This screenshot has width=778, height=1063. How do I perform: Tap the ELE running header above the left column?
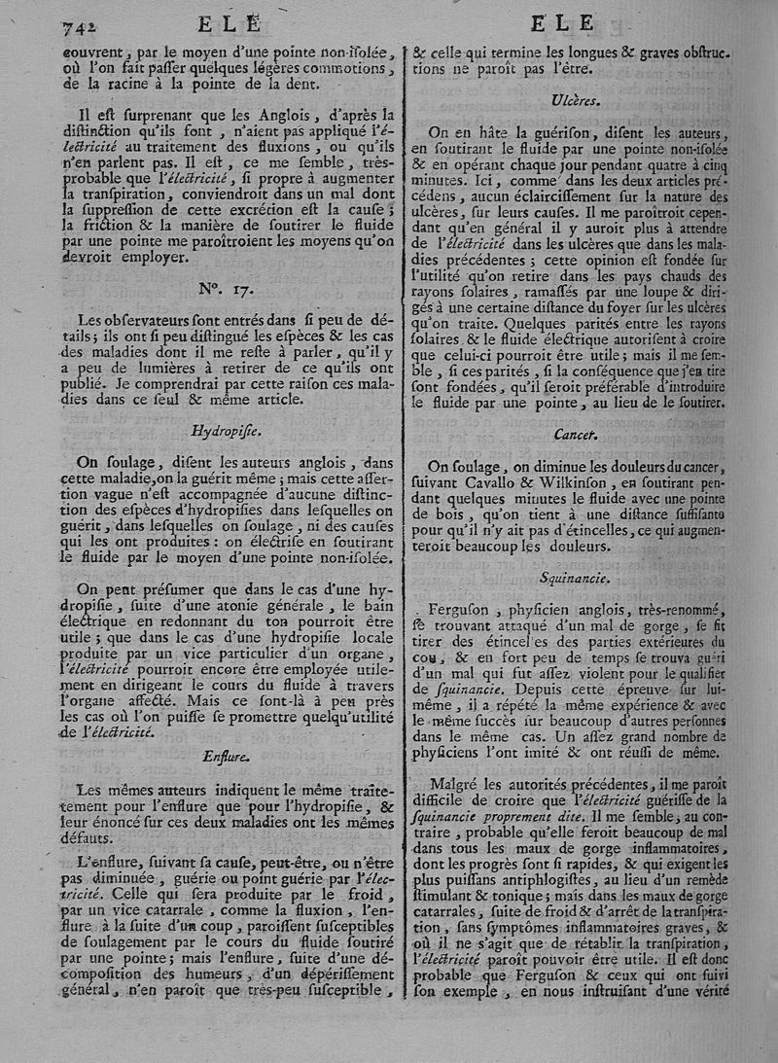pyautogui.click(x=230, y=25)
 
